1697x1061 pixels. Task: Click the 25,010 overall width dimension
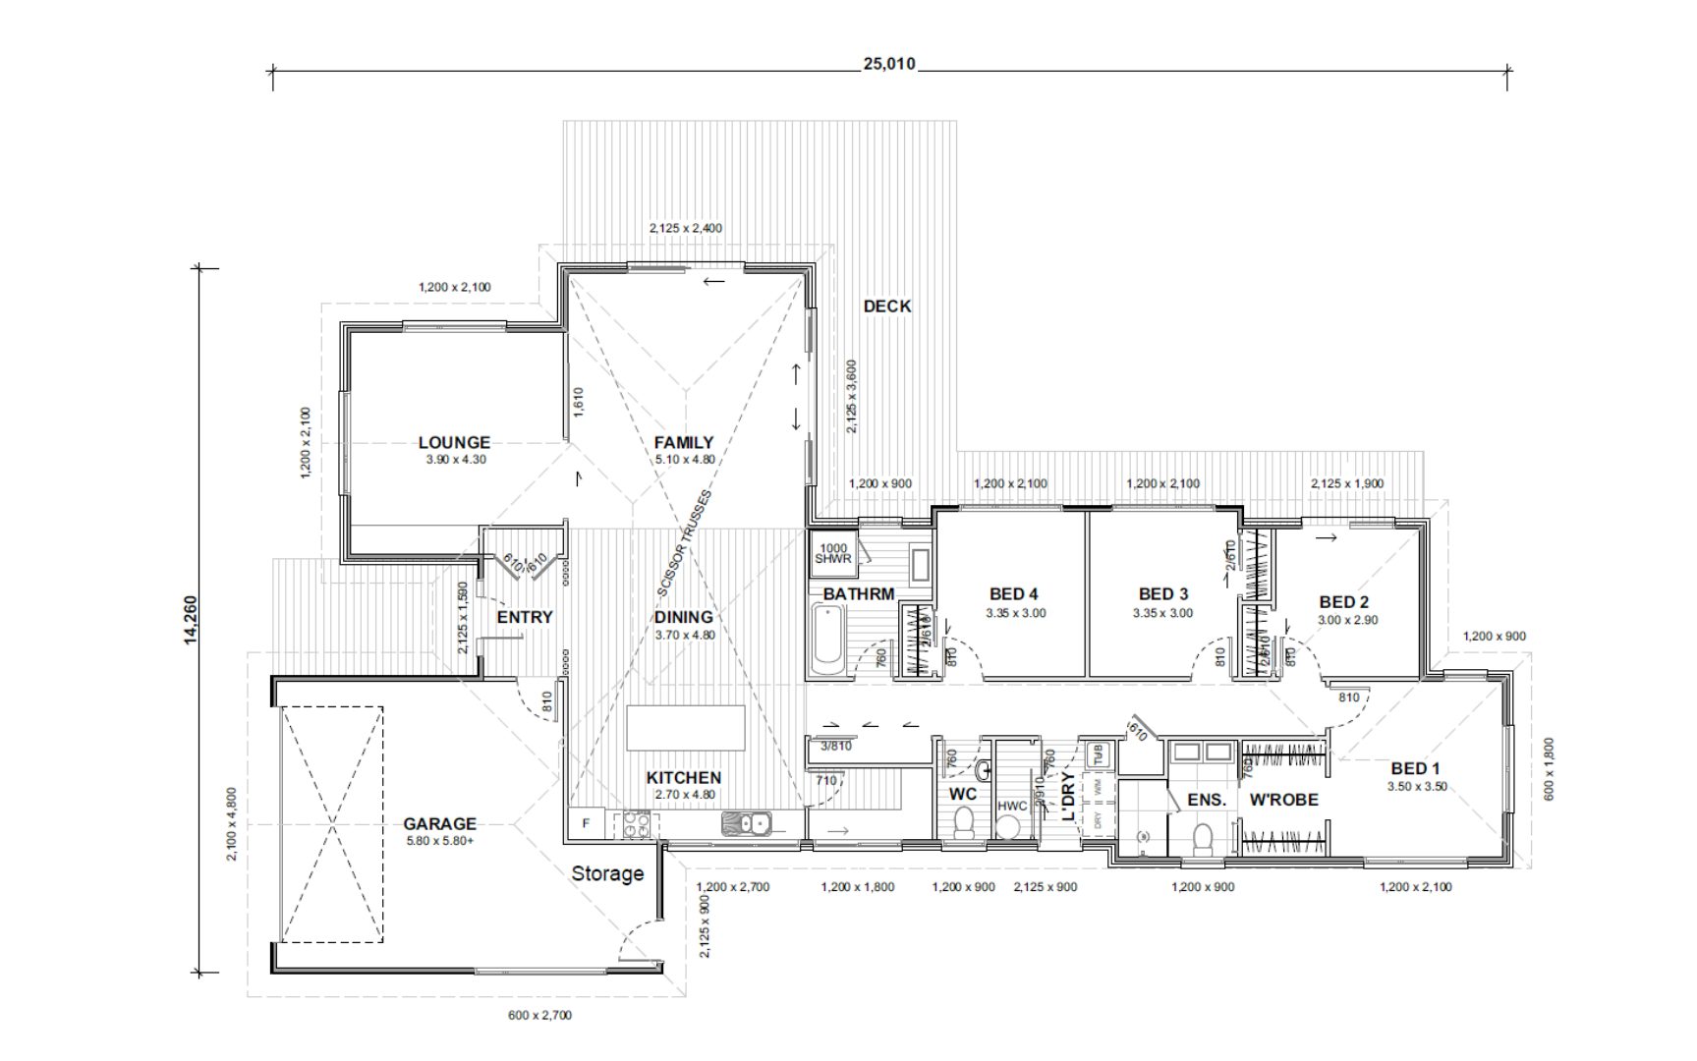click(x=888, y=65)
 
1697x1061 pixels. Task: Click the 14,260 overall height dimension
click(x=191, y=620)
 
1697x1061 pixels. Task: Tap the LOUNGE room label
click(x=454, y=443)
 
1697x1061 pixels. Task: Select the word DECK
click(x=886, y=307)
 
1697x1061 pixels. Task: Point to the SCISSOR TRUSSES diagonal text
click(x=684, y=542)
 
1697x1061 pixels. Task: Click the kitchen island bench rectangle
click(x=685, y=728)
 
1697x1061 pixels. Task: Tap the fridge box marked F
click(x=587, y=823)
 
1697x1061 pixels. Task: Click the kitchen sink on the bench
click(x=748, y=823)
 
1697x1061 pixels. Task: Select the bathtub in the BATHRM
click(x=827, y=641)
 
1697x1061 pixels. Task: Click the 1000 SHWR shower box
click(x=832, y=554)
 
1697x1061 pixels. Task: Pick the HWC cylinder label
click(x=1011, y=807)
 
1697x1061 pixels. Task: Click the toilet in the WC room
click(x=964, y=821)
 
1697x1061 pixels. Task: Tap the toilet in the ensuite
click(x=1202, y=839)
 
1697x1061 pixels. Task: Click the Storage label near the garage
click(x=607, y=873)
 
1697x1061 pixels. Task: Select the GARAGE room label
click(x=439, y=824)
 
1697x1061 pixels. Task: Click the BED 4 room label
click(x=1013, y=594)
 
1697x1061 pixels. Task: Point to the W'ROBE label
click(x=1283, y=800)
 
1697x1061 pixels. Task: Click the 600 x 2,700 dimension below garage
click(x=539, y=1015)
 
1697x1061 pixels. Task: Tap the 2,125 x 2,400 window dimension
click(x=685, y=228)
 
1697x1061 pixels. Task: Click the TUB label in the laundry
click(x=1098, y=754)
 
